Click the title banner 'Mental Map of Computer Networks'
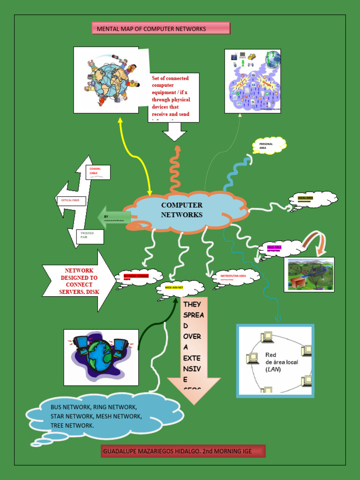click(161, 29)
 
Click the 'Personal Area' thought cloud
click(269, 145)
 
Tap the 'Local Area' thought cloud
click(313, 199)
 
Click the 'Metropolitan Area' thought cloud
click(236, 277)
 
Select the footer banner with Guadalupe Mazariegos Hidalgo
click(183, 451)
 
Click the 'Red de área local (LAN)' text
click(281, 362)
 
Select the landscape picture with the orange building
click(310, 274)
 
